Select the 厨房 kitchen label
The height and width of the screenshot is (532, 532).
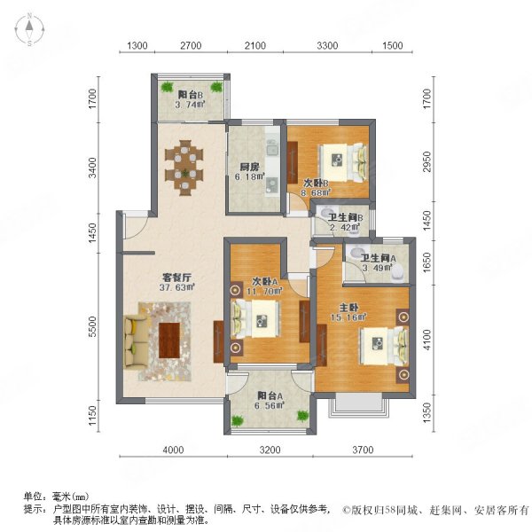pyautogui.click(x=248, y=166)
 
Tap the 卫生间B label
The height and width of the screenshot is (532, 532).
pyautogui.click(x=344, y=216)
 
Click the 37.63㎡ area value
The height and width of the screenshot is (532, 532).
pyautogui.click(x=177, y=287)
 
